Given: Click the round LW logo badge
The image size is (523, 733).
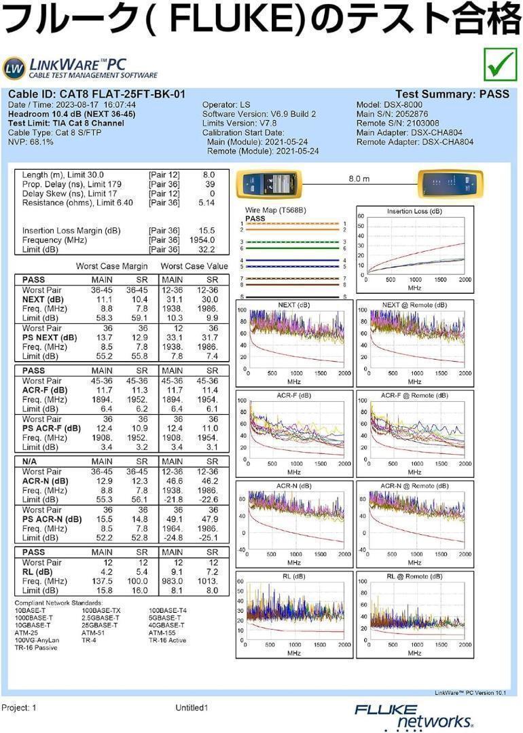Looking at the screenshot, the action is (14, 69).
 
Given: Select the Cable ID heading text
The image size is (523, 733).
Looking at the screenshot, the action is (97, 94).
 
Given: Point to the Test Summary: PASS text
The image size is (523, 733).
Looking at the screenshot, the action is (452, 94).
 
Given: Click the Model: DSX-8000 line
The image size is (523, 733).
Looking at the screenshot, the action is (389, 105).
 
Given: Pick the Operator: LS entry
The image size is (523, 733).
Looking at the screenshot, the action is (226, 105).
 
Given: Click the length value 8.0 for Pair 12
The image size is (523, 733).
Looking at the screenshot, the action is (209, 175).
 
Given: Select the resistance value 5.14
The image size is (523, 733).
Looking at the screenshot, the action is (206, 203).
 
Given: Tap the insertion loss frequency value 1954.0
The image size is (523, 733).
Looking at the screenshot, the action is (202, 240).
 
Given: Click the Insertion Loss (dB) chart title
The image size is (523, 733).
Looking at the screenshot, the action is (414, 211).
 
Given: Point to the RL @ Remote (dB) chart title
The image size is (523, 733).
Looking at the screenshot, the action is (414, 576).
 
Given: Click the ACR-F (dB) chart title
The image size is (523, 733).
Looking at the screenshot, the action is (294, 396).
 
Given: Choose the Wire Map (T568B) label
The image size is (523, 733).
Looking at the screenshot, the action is (276, 210).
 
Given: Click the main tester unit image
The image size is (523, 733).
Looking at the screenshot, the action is (270, 183).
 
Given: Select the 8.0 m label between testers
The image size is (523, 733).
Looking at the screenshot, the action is (359, 178).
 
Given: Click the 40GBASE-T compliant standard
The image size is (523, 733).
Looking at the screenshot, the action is (166, 625).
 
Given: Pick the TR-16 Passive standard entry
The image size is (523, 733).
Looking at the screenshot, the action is (36, 647).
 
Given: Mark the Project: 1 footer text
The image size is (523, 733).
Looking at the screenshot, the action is (19, 708).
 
